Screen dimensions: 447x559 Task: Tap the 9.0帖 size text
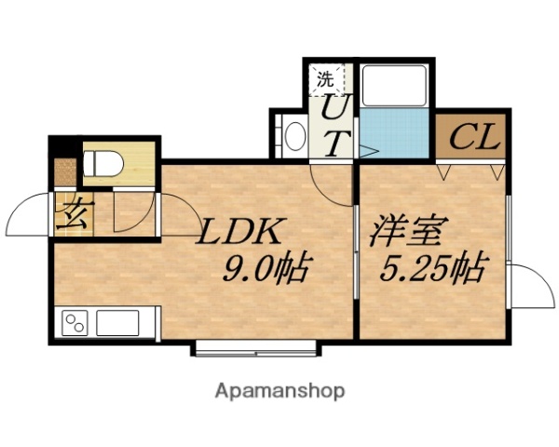pyautogui.click(x=264, y=269)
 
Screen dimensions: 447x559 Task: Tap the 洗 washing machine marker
pyautogui.click(x=323, y=79)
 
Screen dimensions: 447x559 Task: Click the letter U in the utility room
pyautogui.click(x=337, y=110)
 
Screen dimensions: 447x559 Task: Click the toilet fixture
pyautogui.click(x=102, y=163)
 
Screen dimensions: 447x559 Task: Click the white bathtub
pyautogui.click(x=393, y=86)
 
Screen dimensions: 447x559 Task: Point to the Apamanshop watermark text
pyautogui.click(x=280, y=390)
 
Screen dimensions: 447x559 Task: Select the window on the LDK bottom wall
pyautogui.click(x=258, y=351)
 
